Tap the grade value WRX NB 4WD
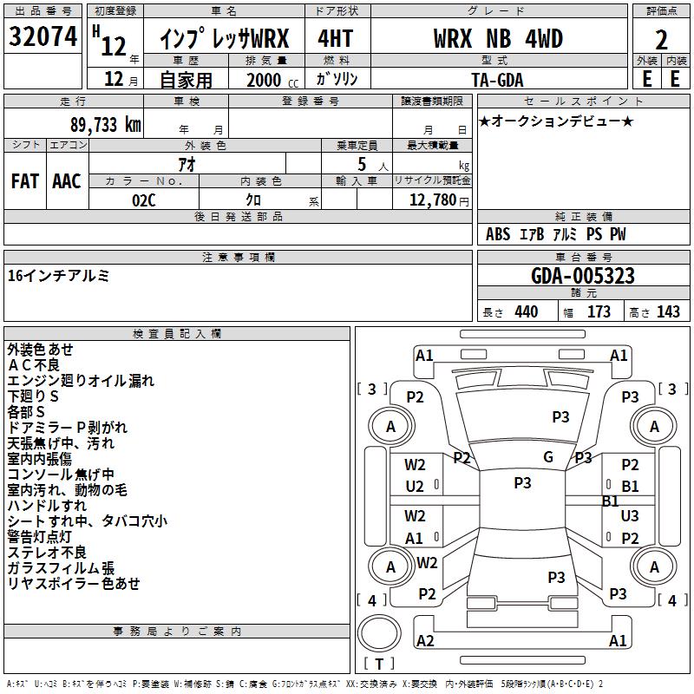pyautogui.click(x=498, y=39)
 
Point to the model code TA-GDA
pyautogui.click(x=498, y=80)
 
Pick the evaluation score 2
pyautogui.click(x=661, y=40)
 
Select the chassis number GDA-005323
pyautogui.click(x=583, y=276)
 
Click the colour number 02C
pyautogui.click(x=144, y=199)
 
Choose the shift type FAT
pyautogui.click(x=25, y=181)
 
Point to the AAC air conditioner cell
pyautogui.click(x=67, y=181)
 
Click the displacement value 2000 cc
pyautogui.click(x=269, y=80)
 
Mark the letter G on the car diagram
pyautogui.click(x=548, y=457)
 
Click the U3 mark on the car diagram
pyautogui.click(x=630, y=515)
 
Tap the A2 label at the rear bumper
pyautogui.click(x=425, y=640)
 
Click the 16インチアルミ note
pyautogui.click(x=58, y=276)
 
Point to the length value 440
pyautogui.click(x=526, y=312)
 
